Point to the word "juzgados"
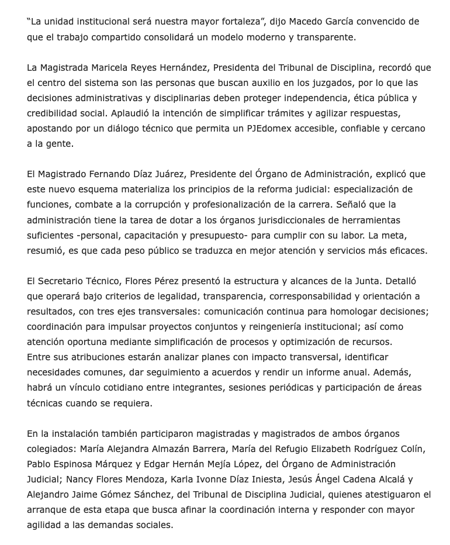[x=312, y=83]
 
